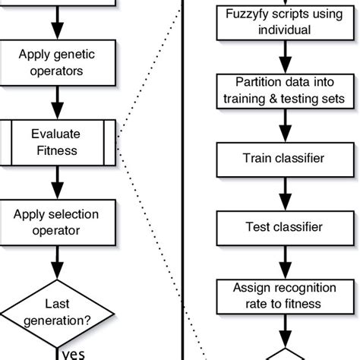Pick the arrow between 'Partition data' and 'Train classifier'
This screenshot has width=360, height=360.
coord(283,126)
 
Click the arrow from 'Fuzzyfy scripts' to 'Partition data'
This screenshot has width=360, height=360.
coord(283,57)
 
